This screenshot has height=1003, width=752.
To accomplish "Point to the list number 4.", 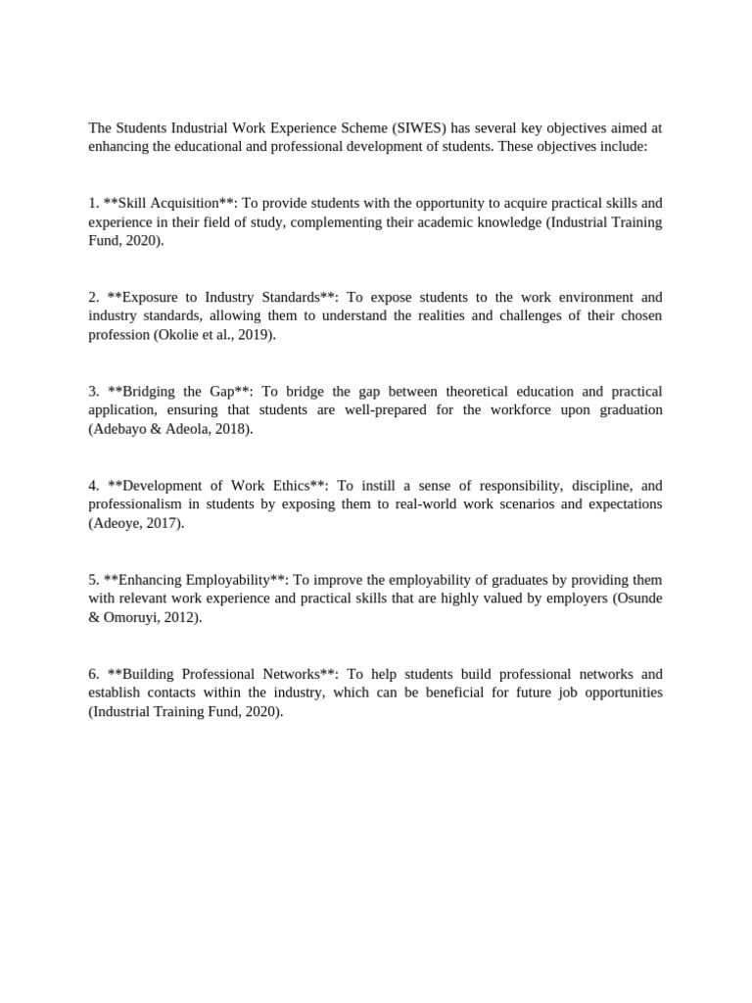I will tap(93, 486).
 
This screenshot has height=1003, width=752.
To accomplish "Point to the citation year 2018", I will tap(229, 429).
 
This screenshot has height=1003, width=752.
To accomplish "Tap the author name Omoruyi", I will tap(133, 617).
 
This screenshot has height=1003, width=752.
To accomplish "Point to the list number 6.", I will tap(93, 674).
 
